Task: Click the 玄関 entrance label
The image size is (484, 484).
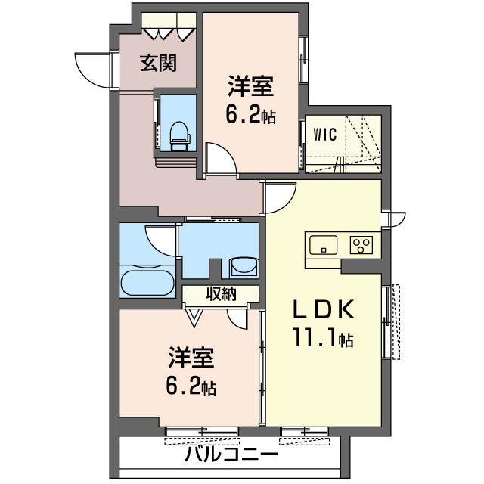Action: click(158, 64)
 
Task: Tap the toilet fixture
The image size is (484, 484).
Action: click(179, 136)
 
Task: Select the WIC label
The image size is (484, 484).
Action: click(324, 135)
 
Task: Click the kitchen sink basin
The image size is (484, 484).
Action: click(323, 245)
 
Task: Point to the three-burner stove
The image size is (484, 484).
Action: click(361, 245)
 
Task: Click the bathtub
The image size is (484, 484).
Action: click(147, 283)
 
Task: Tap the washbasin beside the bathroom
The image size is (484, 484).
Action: click(244, 265)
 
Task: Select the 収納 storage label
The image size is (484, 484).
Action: click(222, 293)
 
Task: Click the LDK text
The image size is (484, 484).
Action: click(323, 309)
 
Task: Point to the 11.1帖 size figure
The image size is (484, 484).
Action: click(323, 337)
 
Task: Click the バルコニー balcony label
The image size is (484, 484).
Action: click(231, 454)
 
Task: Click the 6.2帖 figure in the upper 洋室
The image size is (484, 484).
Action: click(250, 115)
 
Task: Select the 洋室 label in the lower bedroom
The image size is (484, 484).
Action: click(191, 358)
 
